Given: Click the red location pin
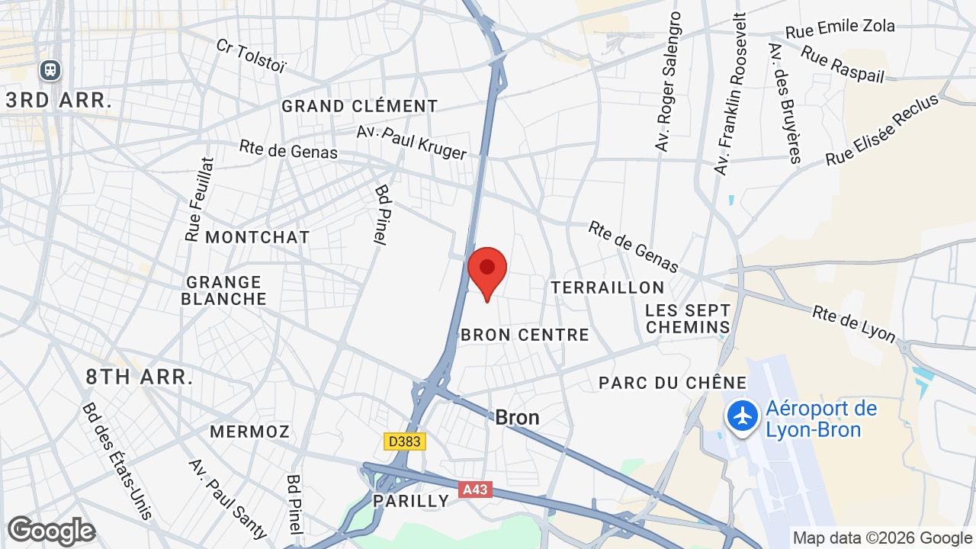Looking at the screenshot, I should (487, 271).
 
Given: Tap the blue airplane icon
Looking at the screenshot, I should (742, 416).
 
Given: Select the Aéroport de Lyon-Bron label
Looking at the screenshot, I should (820, 419).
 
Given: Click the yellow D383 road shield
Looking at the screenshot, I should (404, 441).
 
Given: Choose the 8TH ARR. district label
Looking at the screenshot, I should (140, 376).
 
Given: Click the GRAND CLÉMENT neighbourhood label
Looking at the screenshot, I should (360, 106).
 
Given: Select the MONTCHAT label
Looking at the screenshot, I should (258, 237).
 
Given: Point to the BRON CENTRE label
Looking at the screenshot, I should (525, 335).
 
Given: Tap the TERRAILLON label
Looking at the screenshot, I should (608, 287).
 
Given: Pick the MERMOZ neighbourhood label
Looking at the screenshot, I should (249, 432).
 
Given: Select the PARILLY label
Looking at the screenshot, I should (411, 501).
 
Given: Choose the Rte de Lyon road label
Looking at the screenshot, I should (854, 323).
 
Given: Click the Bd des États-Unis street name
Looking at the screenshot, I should (117, 460).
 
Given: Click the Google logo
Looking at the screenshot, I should (51, 531).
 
